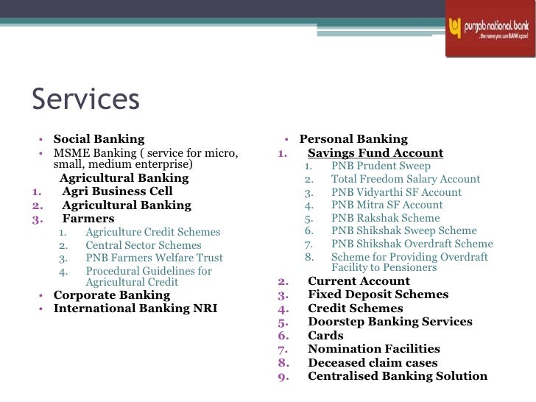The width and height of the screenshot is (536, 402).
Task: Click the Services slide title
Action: coord(85,99)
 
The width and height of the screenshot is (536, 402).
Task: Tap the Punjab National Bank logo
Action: coord(489,29)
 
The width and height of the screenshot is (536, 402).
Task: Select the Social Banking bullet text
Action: coord(99,138)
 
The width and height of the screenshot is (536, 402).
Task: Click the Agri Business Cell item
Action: coord(117,191)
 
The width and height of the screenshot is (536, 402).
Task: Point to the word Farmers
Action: coord(88,219)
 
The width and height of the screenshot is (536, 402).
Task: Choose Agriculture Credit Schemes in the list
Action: coord(153,232)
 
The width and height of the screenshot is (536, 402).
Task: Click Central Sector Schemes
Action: coord(143,245)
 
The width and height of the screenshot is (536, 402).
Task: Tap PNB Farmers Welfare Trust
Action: coord(154,258)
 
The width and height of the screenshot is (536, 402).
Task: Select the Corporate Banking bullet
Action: coord(111,295)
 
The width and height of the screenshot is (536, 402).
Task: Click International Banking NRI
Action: coord(135,308)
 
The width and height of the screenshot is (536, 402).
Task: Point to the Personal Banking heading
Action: coord(353,138)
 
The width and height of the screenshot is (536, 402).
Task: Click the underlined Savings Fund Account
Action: coord(375,153)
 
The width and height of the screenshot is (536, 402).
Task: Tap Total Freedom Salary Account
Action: coord(405,179)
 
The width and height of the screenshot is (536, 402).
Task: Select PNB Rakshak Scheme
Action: coord(385,218)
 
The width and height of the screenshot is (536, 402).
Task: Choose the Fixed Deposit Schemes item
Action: coord(378,295)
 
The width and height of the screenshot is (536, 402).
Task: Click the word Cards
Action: coord(325,335)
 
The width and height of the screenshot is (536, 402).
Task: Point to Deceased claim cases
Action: coord(373,362)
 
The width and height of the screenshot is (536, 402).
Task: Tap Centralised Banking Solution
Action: coord(397,375)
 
